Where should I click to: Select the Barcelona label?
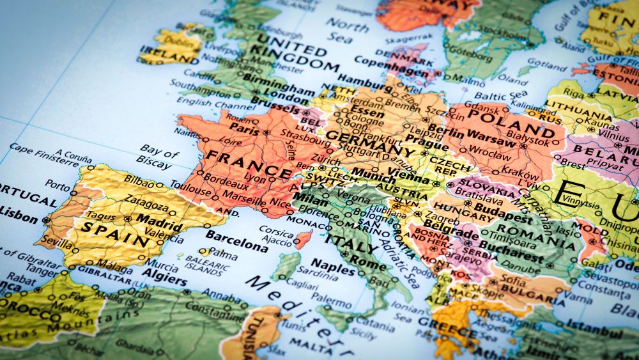236,241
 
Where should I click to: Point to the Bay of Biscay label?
157,157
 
